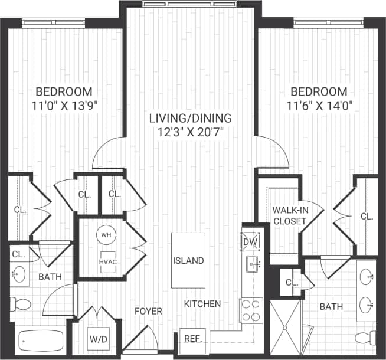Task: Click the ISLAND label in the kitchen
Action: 189,260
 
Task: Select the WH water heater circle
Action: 106,234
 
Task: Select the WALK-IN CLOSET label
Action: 289,215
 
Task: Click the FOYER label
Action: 147,310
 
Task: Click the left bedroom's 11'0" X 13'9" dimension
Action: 64,106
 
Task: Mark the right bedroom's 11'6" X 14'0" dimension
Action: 318,106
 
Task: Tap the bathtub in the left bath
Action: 41,341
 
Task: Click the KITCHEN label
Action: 202,304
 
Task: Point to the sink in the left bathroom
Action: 19,274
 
